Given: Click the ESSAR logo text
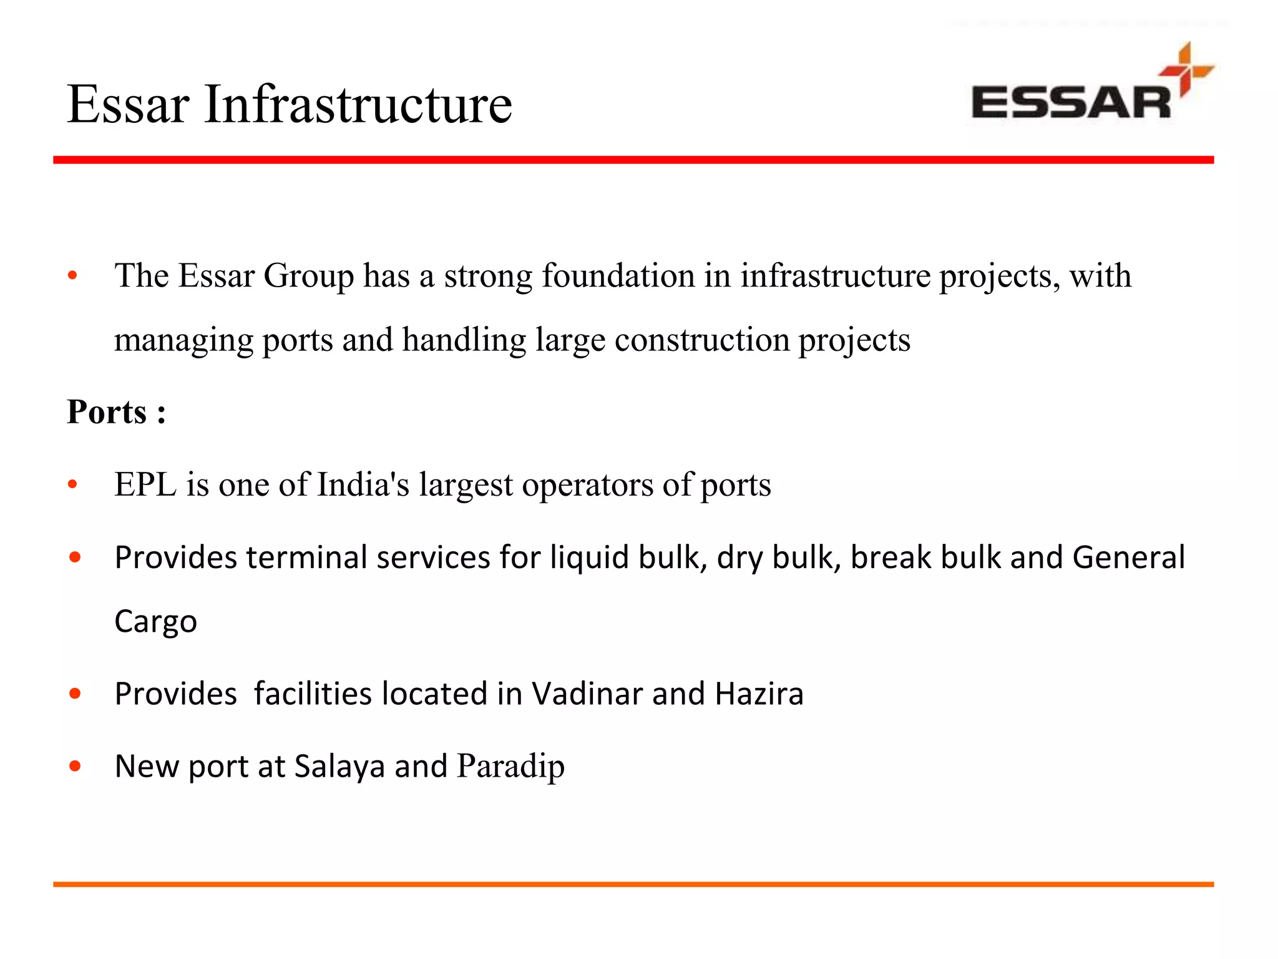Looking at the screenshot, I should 1071,103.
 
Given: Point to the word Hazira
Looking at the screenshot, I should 759,694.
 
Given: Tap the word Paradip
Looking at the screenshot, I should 510,766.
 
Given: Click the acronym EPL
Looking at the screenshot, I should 145,484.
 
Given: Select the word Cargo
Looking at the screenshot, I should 155,622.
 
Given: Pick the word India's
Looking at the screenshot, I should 363,484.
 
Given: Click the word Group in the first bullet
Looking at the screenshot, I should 308,276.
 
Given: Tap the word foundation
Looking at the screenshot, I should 618,276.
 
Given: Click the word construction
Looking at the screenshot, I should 702,340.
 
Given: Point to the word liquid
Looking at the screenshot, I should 589,557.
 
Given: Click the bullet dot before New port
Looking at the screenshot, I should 76,766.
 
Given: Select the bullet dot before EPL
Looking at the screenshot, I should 73,484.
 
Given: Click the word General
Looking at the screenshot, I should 1128,557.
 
